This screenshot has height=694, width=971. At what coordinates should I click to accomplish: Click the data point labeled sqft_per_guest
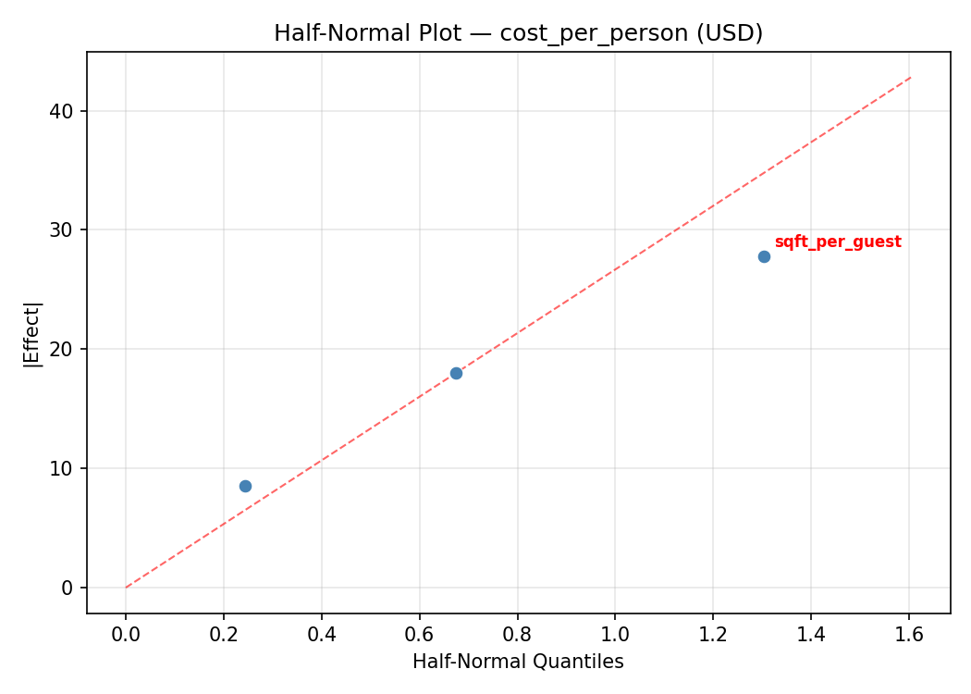(764, 256)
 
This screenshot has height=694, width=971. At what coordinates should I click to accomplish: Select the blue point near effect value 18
(456, 373)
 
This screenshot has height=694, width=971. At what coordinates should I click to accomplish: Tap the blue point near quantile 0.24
(245, 486)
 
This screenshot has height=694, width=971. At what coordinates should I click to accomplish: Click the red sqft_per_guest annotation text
(838, 242)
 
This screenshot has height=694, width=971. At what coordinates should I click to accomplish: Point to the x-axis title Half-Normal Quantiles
(518, 662)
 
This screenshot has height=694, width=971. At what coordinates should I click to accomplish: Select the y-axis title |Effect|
(33, 333)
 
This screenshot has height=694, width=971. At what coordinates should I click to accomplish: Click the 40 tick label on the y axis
(63, 111)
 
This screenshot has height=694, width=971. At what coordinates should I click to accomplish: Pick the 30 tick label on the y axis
(63, 230)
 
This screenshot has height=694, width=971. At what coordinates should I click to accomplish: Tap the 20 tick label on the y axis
(63, 349)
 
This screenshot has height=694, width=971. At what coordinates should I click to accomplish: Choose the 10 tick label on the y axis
(63, 468)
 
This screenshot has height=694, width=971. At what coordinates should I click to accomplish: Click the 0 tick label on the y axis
(68, 588)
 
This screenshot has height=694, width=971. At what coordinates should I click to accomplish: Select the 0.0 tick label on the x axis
(126, 635)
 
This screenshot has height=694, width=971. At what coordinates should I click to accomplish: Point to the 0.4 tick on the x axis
(322, 635)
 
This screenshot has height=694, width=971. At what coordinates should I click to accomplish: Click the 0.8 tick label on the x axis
(517, 635)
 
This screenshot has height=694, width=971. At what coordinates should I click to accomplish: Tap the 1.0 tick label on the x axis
(615, 635)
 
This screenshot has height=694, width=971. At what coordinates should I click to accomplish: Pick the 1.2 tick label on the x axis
(713, 635)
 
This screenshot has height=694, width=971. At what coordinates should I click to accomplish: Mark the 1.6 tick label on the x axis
(909, 635)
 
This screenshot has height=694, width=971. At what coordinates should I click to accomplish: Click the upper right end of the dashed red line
(911, 77)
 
